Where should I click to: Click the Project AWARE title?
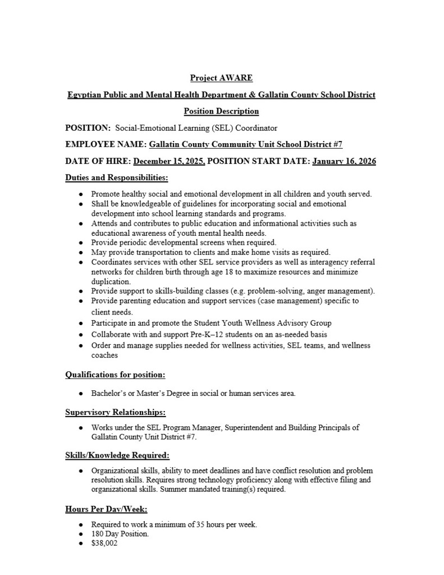(x=221, y=78)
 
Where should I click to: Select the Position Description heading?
(x=221, y=111)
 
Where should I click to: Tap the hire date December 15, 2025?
(x=169, y=161)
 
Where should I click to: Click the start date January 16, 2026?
(x=344, y=161)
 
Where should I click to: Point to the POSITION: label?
(x=88, y=128)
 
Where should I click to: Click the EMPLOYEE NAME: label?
(x=106, y=144)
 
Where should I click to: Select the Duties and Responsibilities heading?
(x=117, y=178)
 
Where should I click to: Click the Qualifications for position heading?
(x=115, y=374)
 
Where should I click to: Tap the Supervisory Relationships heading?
(x=115, y=412)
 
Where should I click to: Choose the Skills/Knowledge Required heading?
(x=117, y=455)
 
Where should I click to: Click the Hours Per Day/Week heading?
(x=106, y=509)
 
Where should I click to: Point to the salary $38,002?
(x=104, y=544)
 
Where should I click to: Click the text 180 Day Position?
(x=120, y=534)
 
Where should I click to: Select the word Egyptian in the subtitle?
(x=85, y=95)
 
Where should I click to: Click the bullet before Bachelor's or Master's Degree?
(x=81, y=394)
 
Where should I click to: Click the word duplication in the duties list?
(x=111, y=281)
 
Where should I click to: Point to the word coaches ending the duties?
(x=104, y=355)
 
